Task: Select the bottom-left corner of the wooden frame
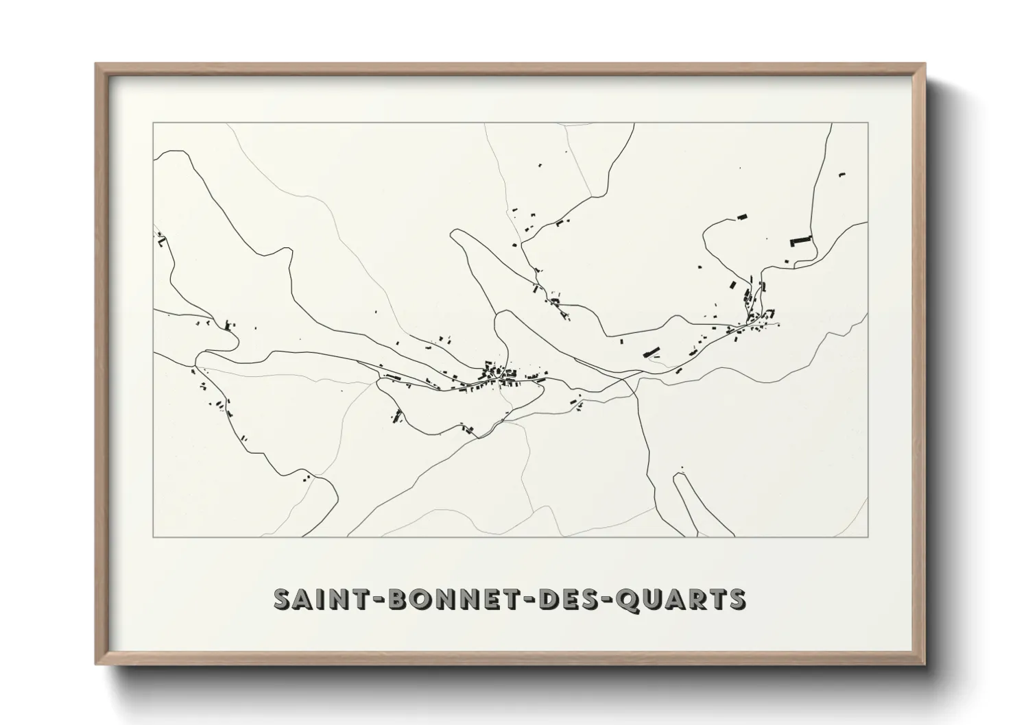tap(96, 664)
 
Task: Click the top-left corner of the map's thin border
tap(153, 123)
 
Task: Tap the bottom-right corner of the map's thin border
tap(868, 537)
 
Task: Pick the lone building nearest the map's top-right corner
tap(841, 175)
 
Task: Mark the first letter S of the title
tap(281, 599)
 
